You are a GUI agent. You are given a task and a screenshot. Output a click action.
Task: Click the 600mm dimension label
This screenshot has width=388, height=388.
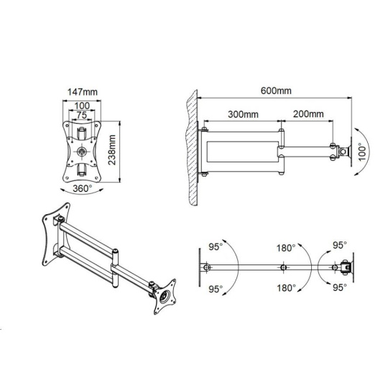tap(276, 91)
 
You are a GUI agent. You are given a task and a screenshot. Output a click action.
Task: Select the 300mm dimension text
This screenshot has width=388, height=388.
tap(243, 114)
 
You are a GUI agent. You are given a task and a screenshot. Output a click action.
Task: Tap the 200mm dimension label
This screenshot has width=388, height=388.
tap(308, 114)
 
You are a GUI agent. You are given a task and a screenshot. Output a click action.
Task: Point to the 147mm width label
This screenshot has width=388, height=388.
tap(83, 92)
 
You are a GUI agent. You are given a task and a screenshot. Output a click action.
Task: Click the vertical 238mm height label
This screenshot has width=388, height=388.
tap(112, 149)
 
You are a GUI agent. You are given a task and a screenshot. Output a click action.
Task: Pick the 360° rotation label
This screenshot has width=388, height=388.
tap(82, 189)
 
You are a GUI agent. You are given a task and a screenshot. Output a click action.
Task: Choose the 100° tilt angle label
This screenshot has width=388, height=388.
tap(362, 152)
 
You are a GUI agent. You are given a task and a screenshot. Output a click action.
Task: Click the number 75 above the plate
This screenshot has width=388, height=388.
tap(81, 115)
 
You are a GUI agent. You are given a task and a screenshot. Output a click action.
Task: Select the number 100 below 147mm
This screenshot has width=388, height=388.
tap(82, 106)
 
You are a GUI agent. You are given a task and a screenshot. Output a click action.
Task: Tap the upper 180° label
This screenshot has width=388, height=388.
tap(286, 248)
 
